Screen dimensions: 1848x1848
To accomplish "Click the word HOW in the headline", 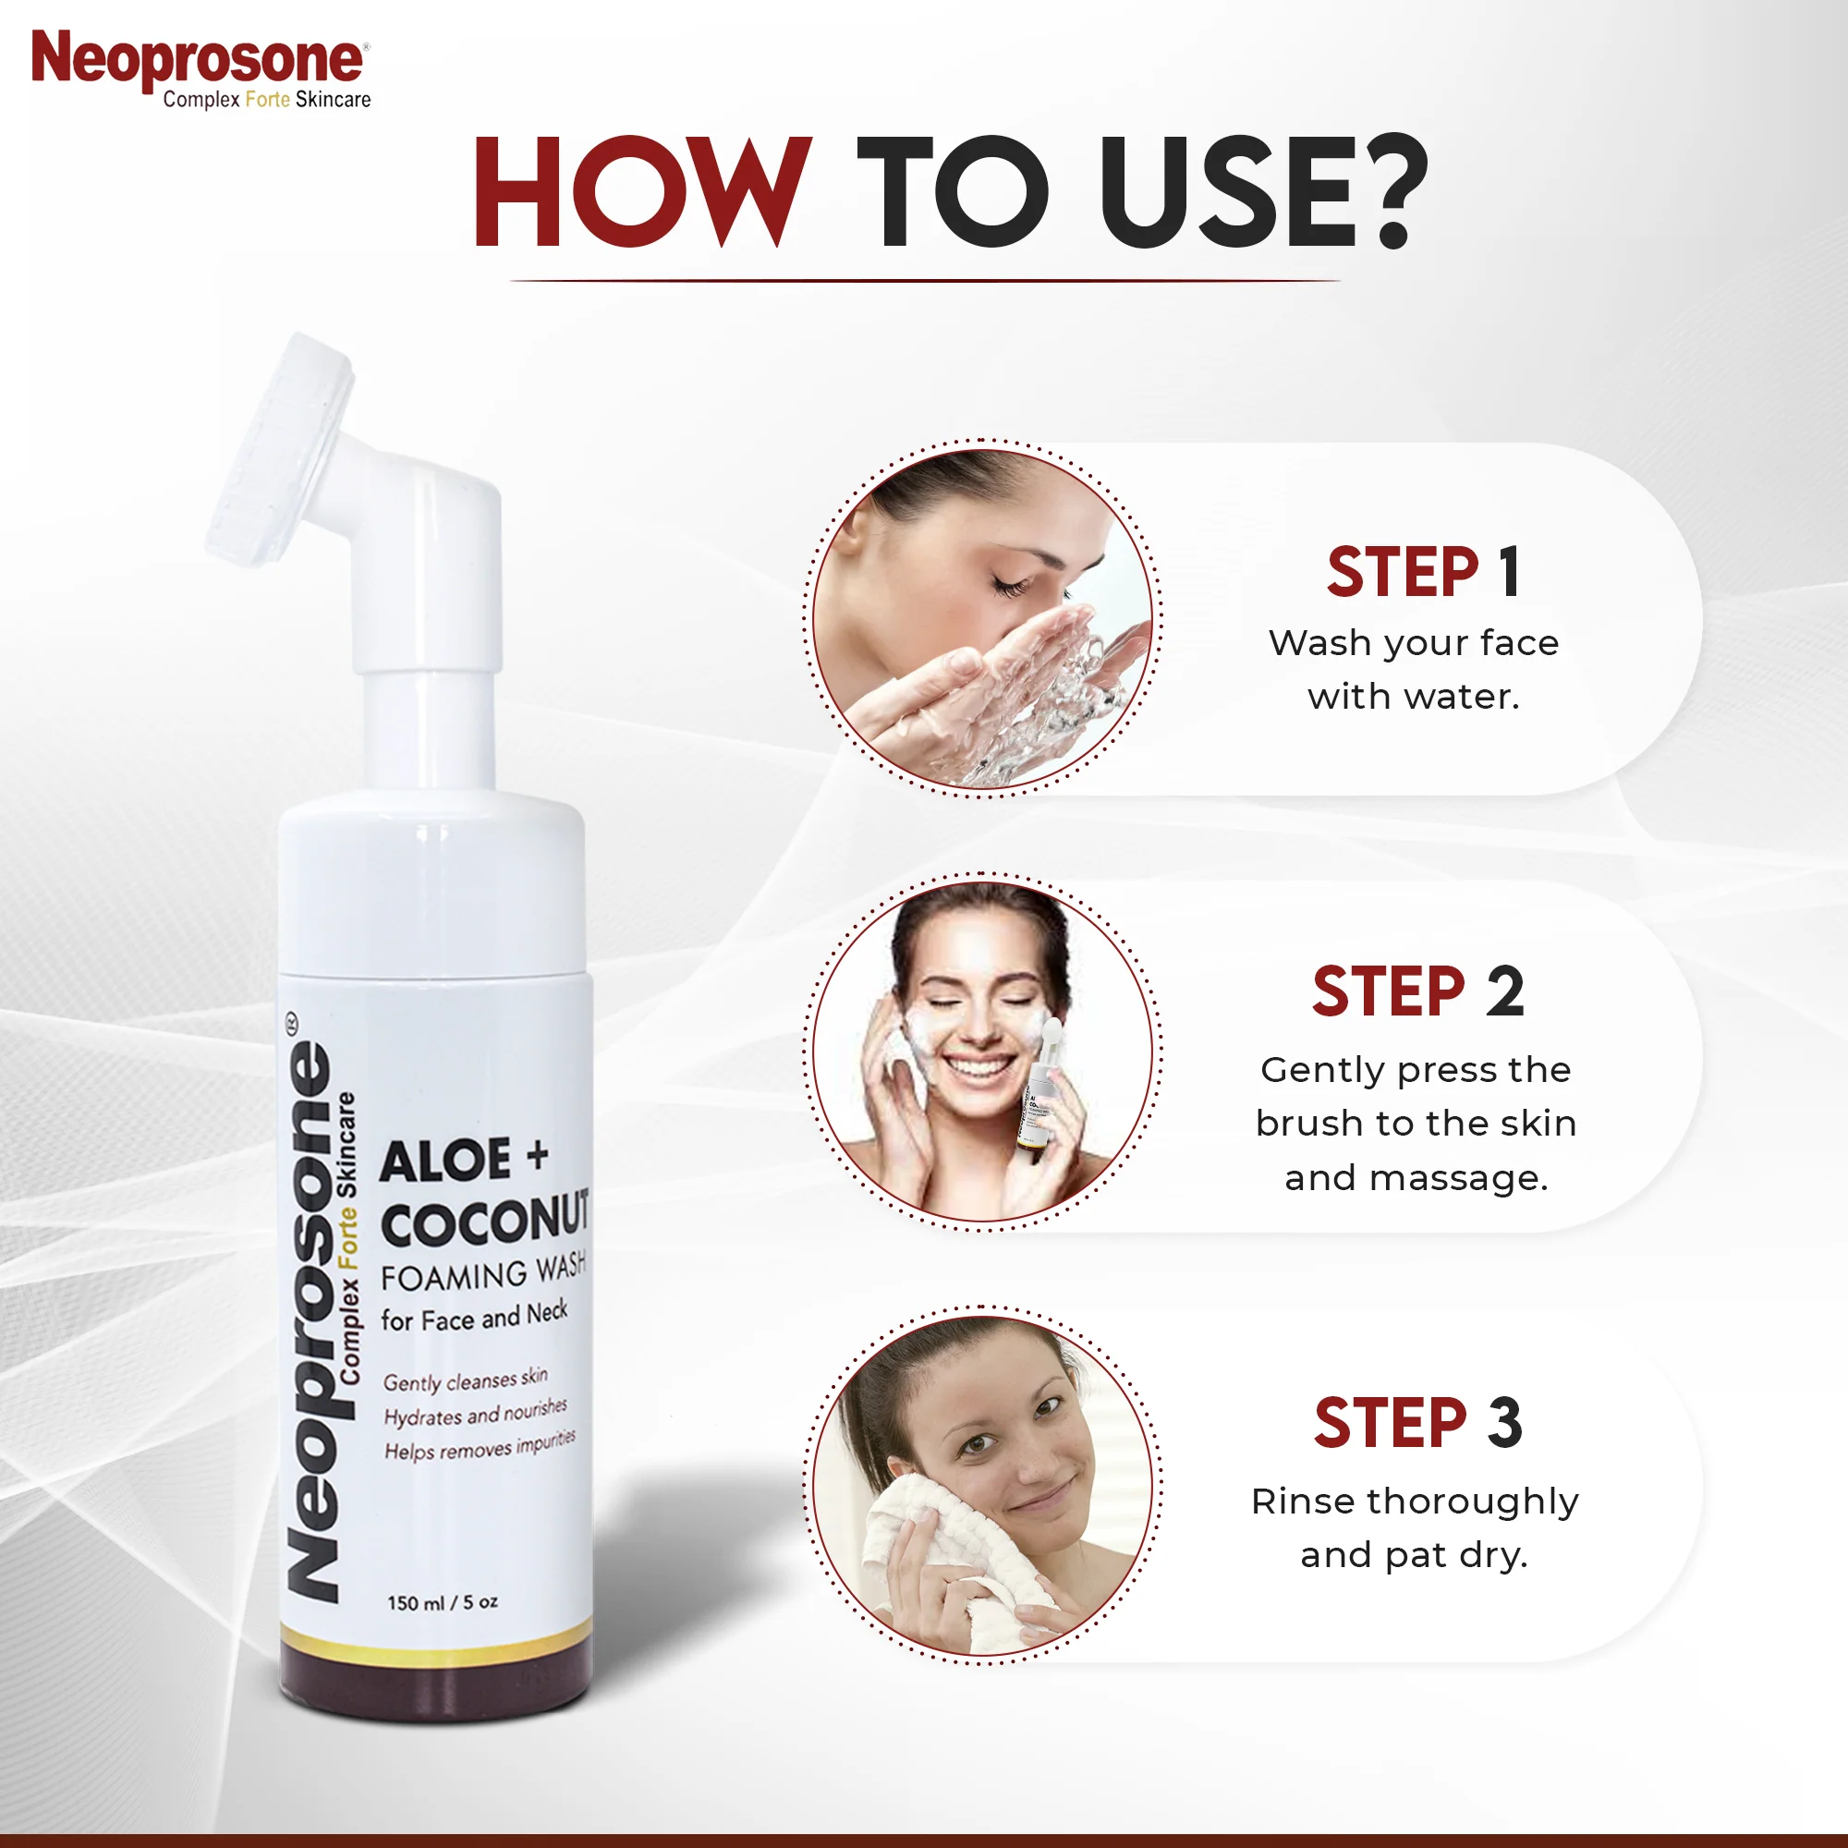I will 643,191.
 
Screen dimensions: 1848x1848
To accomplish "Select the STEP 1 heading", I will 1423,572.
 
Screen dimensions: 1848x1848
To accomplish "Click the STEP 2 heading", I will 1417,991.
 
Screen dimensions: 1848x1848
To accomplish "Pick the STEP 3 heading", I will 1417,1423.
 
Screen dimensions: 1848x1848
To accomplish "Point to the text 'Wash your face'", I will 1414,643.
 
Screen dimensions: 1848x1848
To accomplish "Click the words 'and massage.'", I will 1416,1177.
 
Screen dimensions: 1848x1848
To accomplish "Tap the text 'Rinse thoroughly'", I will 1415,1501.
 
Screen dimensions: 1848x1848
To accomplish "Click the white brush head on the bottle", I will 279,450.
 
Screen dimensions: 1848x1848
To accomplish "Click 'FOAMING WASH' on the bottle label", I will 483,1273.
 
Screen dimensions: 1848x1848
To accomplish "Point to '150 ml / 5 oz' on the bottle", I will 442,1602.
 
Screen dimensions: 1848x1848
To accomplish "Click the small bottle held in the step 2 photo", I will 1036,1110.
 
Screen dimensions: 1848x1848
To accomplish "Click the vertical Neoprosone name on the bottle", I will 311,1320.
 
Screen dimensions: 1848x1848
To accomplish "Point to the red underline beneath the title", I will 924,281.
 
